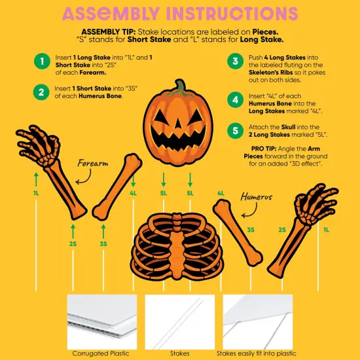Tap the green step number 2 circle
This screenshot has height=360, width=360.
(x=43, y=92)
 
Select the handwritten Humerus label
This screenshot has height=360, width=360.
(x=256, y=196)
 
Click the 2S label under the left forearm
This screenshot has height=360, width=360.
(x=73, y=243)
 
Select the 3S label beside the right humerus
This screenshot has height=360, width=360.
(x=251, y=230)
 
